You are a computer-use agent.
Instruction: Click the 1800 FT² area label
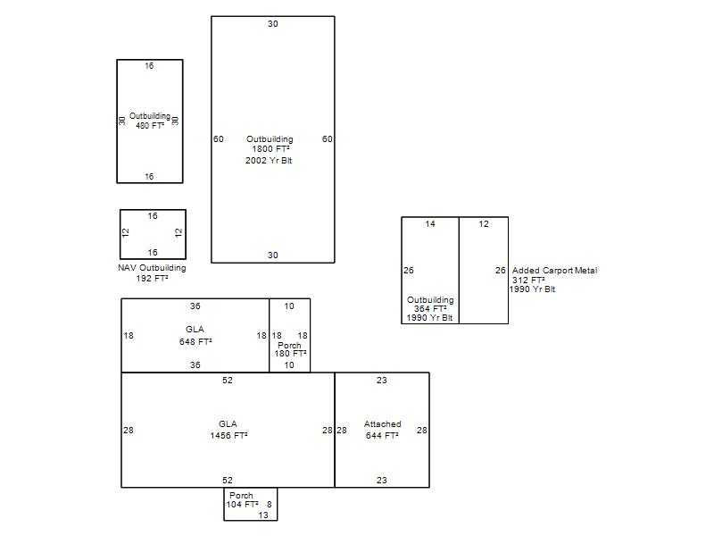click(x=271, y=149)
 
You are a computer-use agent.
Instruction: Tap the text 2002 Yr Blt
click(x=269, y=161)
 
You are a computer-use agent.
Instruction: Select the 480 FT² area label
click(x=150, y=125)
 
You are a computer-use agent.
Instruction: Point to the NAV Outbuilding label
click(x=152, y=267)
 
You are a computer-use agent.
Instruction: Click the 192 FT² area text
click(x=152, y=278)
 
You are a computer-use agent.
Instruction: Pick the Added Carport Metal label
click(x=554, y=271)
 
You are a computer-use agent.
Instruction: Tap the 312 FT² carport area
click(x=528, y=280)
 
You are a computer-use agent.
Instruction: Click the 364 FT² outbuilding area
click(x=430, y=308)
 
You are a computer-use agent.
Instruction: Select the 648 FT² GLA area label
click(x=195, y=341)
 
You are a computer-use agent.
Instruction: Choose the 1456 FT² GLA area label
click(x=228, y=435)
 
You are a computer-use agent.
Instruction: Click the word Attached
click(x=383, y=423)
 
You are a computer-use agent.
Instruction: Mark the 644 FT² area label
click(x=382, y=435)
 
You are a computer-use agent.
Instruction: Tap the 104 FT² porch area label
click(x=242, y=504)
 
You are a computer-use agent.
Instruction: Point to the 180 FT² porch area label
click(x=290, y=353)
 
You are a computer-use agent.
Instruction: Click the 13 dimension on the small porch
click(x=263, y=515)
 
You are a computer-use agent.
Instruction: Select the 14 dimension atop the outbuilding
click(x=430, y=224)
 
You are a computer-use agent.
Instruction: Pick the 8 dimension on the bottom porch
click(x=270, y=504)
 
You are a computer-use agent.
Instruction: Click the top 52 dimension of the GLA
click(x=228, y=381)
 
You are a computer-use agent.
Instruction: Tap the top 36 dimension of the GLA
click(x=195, y=306)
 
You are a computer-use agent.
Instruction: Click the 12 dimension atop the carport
click(x=484, y=224)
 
